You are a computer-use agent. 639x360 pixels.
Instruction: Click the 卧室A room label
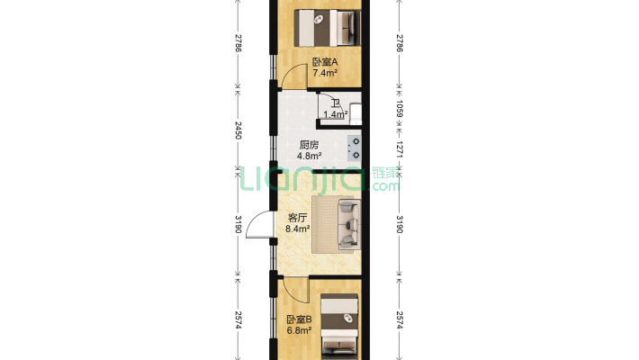pyautogui.click(x=325, y=62)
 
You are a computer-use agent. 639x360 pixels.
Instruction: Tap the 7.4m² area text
pyautogui.click(x=325, y=74)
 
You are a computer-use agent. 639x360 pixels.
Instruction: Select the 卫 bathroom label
pyautogui.click(x=336, y=104)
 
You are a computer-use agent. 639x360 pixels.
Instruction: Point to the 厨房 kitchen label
pyautogui.click(x=309, y=145)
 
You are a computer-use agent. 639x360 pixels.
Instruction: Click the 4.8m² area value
pyautogui.click(x=310, y=156)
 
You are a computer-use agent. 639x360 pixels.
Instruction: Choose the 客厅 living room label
pyautogui.click(x=298, y=218)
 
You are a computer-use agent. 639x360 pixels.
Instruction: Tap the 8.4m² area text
pyautogui.click(x=298, y=229)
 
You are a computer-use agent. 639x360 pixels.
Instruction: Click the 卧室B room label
pyautogui.click(x=299, y=319)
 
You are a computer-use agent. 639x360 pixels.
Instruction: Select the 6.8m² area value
pyautogui.click(x=299, y=330)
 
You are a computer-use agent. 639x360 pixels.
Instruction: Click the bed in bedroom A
pyautogui.click(x=328, y=28)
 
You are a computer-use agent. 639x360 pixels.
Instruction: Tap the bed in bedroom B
pyautogui.click(x=339, y=327)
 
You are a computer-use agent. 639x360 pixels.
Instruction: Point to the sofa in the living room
pyautogui.click(x=349, y=224)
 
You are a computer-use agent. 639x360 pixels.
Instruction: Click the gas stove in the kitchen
pyautogui.click(x=354, y=148)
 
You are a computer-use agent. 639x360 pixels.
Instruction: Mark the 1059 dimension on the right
pyautogui.click(x=400, y=108)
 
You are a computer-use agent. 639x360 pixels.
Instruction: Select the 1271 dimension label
pyautogui.click(x=400, y=149)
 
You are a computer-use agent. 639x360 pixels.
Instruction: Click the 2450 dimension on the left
pyautogui.click(x=238, y=130)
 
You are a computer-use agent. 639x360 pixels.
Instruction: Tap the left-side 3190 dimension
pyautogui.click(x=238, y=225)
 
